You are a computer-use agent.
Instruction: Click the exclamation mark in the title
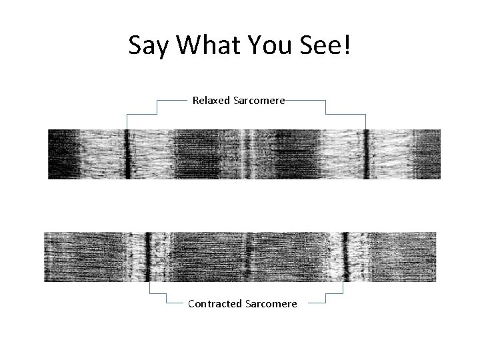pos(347,46)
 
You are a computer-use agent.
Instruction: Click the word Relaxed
pos(210,101)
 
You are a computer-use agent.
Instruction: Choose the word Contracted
pos(215,304)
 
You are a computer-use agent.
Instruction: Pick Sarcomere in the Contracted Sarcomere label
pos(271,304)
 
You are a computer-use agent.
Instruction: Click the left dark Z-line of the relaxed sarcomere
pos(127,154)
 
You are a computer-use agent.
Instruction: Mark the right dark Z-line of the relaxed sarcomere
pos(365,154)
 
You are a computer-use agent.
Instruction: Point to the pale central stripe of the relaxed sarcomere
pos(247,154)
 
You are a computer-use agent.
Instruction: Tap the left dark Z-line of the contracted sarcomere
pos(149,257)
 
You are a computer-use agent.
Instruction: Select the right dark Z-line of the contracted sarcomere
pos(345,257)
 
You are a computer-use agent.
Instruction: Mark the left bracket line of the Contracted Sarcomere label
pos(151,289)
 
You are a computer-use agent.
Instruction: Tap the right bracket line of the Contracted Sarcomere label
pos(342,289)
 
